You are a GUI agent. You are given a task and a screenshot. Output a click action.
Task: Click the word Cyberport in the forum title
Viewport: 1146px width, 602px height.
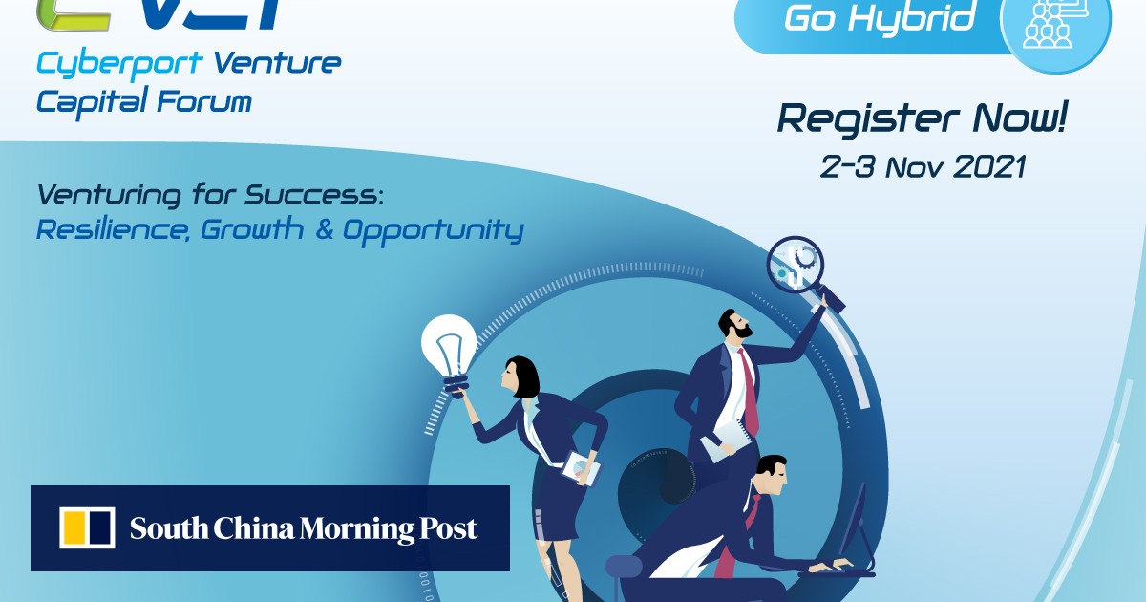click(x=120, y=64)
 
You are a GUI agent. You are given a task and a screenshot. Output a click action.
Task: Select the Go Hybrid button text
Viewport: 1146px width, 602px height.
click(x=880, y=18)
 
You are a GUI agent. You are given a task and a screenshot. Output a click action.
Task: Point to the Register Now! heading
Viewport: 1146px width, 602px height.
click(x=922, y=119)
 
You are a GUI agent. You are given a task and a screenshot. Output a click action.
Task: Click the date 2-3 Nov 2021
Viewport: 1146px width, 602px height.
click(x=923, y=166)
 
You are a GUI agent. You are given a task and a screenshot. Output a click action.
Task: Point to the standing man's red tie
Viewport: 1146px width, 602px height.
click(x=749, y=392)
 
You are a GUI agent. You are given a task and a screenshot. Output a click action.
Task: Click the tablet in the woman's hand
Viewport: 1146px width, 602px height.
click(x=581, y=466)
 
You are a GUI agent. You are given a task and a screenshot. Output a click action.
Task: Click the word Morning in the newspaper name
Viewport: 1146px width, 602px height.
click(x=358, y=528)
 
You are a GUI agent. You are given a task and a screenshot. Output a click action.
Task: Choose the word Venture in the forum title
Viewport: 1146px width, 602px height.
click(x=277, y=64)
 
